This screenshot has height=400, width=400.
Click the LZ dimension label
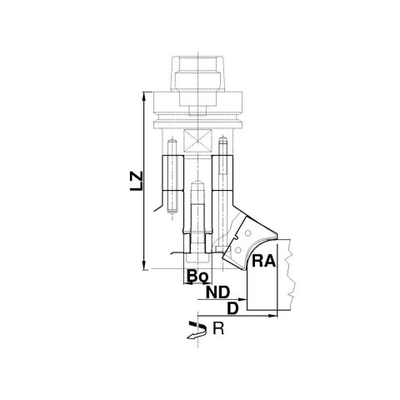click(137, 181)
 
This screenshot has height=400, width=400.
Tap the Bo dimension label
click(197, 276)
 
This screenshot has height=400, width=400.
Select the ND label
click(218, 292)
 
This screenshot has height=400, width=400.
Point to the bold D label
click(232, 308)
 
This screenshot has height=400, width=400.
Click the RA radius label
click(263, 261)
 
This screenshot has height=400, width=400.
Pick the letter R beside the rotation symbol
click(218, 329)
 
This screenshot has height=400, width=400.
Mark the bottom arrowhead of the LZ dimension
click(144, 265)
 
